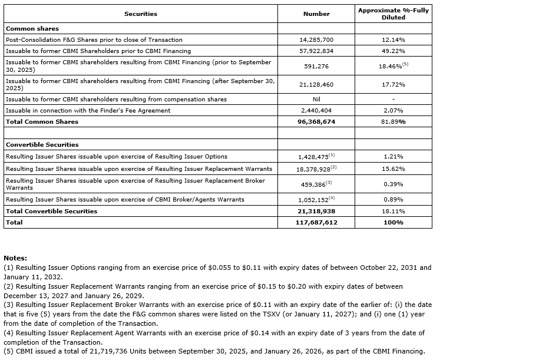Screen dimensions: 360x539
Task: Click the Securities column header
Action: point(141,14)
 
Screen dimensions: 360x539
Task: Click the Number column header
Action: point(316,14)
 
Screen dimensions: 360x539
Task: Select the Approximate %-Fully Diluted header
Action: point(393,14)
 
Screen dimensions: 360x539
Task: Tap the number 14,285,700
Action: point(316,39)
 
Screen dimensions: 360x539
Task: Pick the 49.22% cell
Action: point(393,51)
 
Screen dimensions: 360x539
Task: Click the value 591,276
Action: point(316,66)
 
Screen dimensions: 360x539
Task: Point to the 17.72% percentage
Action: point(393,84)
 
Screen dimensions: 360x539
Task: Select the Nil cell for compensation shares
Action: point(316,99)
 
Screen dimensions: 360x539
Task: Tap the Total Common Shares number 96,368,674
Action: point(316,122)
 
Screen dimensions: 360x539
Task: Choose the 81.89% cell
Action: point(393,122)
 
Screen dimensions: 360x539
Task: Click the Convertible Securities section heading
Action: point(42,144)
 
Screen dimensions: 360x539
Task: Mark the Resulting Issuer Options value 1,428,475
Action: point(315,157)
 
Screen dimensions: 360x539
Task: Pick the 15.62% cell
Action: point(393,169)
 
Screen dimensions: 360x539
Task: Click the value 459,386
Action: point(315,184)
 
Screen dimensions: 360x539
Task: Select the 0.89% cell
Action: point(393,199)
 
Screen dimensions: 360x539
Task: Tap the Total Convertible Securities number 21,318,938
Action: point(316,211)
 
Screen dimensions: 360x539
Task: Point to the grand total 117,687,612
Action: point(316,223)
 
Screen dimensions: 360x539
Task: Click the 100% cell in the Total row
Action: point(393,223)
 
